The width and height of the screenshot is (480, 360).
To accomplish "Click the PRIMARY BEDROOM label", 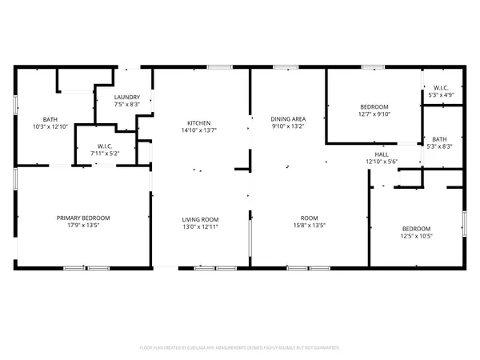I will click(83, 218).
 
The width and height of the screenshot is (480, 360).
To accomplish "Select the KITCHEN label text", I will click(198, 122).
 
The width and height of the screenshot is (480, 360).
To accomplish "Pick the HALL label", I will click(382, 154).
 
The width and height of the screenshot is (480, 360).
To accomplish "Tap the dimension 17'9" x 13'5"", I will click(83, 226).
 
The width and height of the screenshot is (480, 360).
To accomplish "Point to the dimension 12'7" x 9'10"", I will click(374, 114).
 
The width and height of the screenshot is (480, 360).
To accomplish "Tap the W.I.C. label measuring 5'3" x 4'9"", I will click(439, 95).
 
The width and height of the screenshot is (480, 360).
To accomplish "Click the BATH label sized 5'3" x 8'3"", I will click(441, 138).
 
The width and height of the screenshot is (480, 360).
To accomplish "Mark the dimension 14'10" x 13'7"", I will click(198, 130).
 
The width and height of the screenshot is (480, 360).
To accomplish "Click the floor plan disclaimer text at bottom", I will click(240, 348).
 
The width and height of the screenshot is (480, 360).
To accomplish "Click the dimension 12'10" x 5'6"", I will click(382, 162).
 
